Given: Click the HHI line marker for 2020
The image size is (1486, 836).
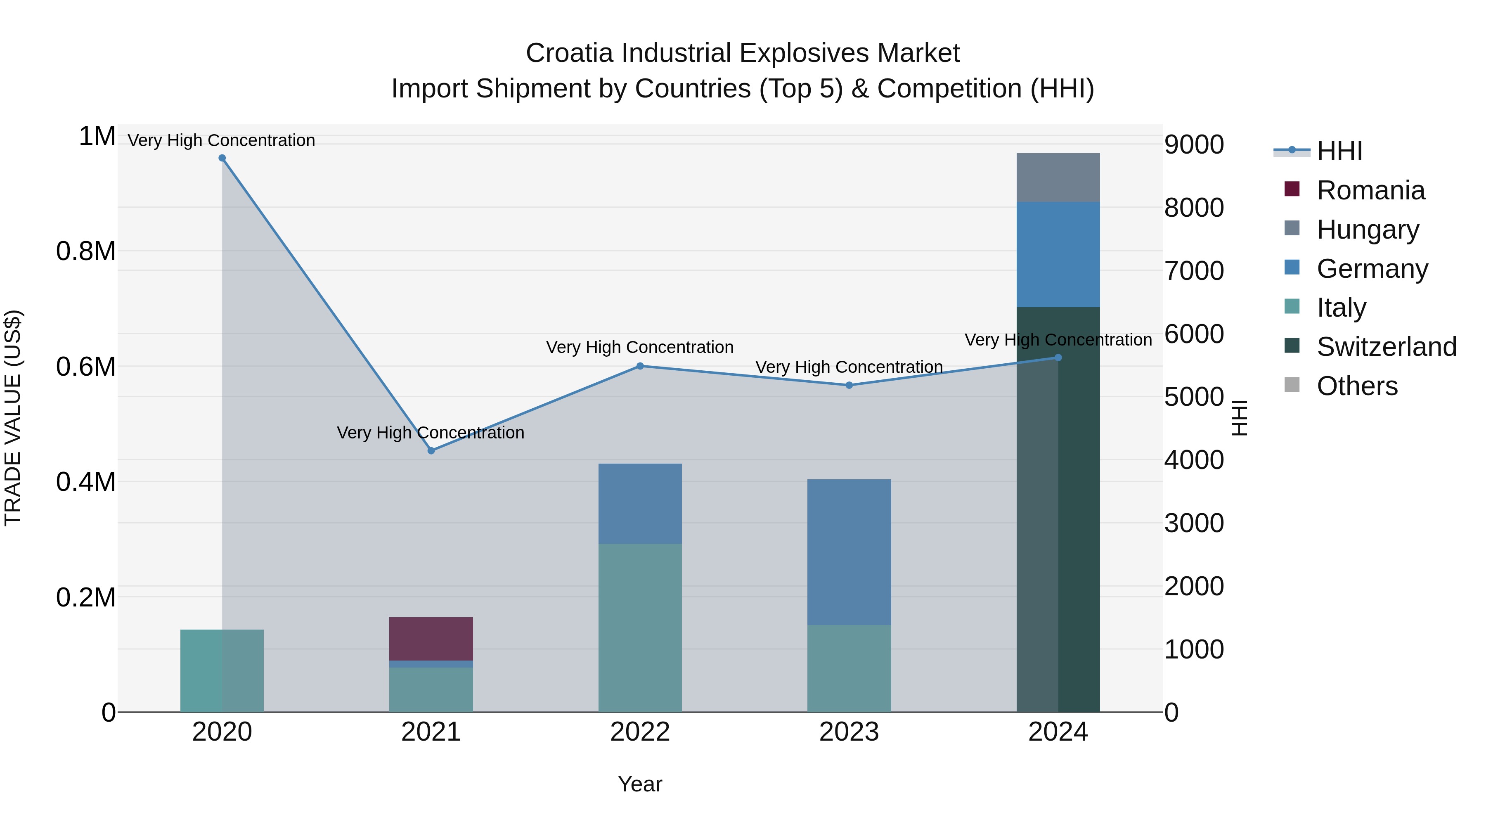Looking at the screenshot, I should [x=222, y=158].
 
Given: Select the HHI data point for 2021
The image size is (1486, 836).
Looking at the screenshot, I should [x=431, y=450].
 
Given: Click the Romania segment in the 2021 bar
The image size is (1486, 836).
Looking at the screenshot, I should [x=431, y=639].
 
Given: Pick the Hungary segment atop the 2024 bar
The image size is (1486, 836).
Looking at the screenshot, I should [x=1058, y=178].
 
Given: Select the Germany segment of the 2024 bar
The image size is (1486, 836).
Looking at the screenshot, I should [x=1058, y=254].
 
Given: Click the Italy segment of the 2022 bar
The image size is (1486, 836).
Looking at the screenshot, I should [x=640, y=628].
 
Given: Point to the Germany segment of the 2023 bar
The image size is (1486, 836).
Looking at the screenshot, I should [x=849, y=552].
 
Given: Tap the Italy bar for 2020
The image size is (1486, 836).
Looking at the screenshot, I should [x=222, y=670].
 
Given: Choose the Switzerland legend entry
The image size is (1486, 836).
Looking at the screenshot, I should [x=1386, y=347].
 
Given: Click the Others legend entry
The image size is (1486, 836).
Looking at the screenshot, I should [x=1357, y=386].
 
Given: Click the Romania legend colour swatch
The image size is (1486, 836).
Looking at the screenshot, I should [x=1292, y=189].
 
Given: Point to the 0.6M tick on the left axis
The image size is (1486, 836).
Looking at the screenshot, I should [x=86, y=367].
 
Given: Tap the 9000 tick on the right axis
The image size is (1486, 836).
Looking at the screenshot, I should [x=1193, y=145].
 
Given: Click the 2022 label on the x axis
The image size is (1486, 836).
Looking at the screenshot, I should [x=640, y=732].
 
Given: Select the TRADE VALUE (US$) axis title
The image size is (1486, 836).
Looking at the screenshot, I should [x=13, y=418].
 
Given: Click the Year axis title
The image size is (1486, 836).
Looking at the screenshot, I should [x=640, y=784].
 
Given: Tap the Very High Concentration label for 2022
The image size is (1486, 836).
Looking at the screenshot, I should [x=640, y=347].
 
